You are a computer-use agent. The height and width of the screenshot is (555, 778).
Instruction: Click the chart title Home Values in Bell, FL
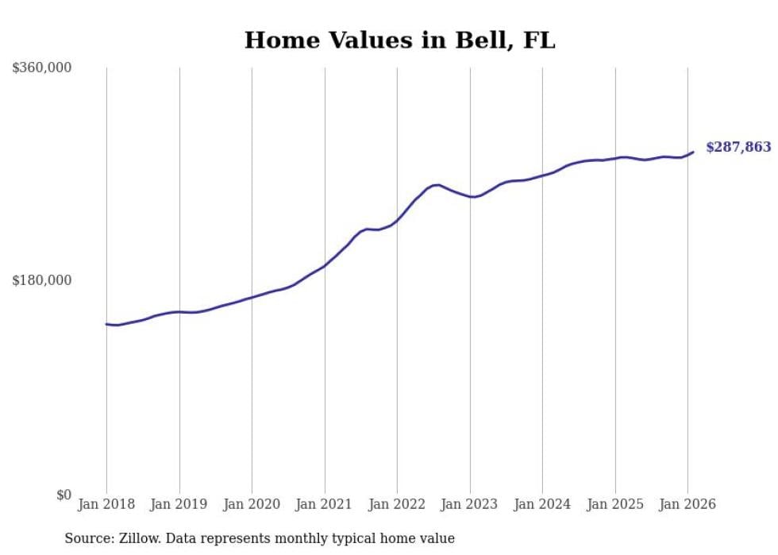(x=399, y=40)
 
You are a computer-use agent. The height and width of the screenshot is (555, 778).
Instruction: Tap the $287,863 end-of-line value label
(x=738, y=147)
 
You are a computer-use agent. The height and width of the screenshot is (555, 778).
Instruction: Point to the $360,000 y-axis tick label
(x=42, y=68)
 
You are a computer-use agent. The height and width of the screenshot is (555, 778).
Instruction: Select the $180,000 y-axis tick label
(x=42, y=280)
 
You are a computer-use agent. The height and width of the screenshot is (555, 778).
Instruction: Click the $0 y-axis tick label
(x=64, y=495)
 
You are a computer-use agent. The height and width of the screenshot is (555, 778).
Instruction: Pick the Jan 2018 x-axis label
(x=106, y=504)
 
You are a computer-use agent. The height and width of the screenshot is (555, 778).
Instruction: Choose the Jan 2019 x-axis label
(x=179, y=504)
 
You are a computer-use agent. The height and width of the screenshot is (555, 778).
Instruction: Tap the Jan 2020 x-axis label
(x=252, y=504)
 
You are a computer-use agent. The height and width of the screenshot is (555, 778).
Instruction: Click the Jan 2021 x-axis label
(x=325, y=504)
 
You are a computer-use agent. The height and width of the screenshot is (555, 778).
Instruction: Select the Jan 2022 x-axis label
(x=397, y=504)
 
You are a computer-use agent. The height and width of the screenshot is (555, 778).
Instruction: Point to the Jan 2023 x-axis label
(x=470, y=504)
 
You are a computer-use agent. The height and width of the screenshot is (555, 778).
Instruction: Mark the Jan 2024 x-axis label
(x=542, y=504)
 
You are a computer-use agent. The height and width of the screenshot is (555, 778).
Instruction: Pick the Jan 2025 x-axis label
(x=615, y=504)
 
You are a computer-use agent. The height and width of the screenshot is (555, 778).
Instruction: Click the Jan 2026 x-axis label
(x=687, y=504)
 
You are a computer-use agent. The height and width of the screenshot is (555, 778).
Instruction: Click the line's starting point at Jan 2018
(x=106, y=324)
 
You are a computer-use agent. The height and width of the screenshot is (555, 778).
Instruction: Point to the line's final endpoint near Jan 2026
(x=693, y=152)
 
